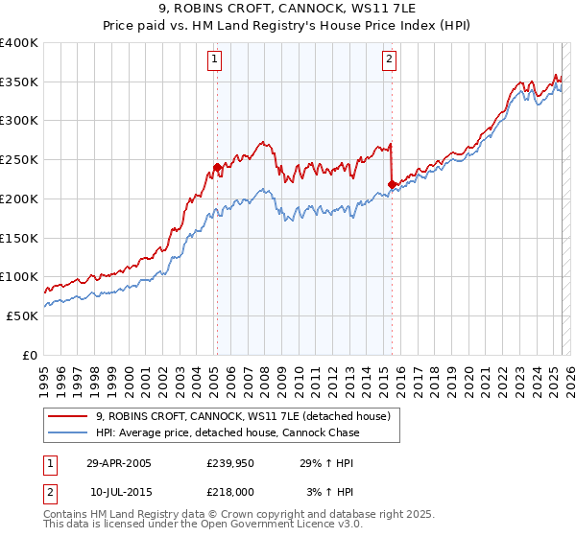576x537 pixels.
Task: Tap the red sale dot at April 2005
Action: [218, 167]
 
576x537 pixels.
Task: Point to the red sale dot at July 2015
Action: [392, 184]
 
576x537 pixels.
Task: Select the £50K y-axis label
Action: [23, 315]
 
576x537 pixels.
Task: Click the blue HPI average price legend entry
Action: [227, 432]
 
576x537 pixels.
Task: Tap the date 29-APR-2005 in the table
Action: [119, 463]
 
